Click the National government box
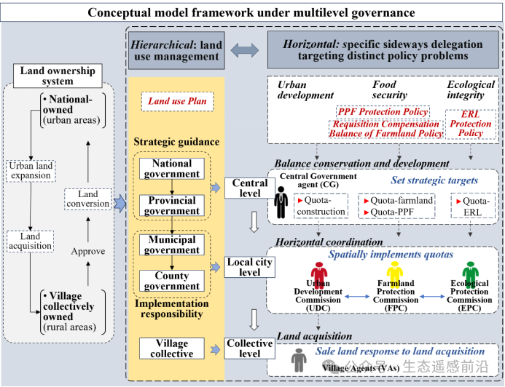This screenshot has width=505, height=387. click(172, 168)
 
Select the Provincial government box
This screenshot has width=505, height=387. click(172, 205)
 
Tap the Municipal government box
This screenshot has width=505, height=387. click(172, 244)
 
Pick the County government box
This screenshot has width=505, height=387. click(172, 281)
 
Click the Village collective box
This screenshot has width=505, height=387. click(172, 348)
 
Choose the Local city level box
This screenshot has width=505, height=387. click(250, 267)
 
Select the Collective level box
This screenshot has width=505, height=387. click(250, 348)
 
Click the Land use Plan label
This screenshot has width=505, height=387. click(177, 102)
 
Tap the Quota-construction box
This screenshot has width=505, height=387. click(321, 207)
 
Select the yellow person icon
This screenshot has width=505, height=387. click(396, 274)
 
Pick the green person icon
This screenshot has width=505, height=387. click(470, 274)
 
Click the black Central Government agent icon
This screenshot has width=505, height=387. click(281, 202)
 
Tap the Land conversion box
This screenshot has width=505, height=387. click(87, 199)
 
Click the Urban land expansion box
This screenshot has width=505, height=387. click(31, 171)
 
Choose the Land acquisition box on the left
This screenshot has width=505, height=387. click(31, 242)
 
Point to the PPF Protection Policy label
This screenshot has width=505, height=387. click(383, 112)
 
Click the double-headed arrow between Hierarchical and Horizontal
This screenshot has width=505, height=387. click(244, 50)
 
